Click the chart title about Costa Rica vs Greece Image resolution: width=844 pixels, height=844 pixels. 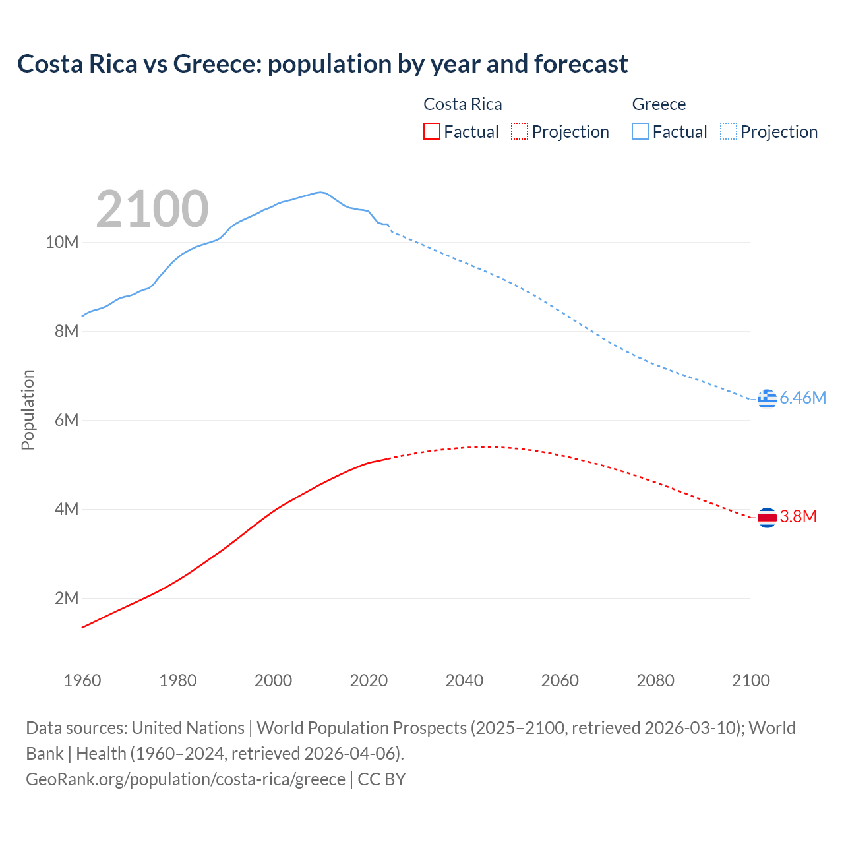[x=322, y=64]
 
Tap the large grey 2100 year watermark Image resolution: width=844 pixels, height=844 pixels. [x=152, y=209]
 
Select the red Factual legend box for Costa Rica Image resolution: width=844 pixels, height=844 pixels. [x=431, y=131]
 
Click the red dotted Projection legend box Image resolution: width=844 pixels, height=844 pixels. [x=520, y=131]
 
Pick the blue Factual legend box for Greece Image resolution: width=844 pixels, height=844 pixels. [x=640, y=131]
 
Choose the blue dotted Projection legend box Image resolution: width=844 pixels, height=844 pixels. [x=728, y=131]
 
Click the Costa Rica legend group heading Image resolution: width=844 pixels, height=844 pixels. [x=462, y=104]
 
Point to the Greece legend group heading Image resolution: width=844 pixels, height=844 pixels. [x=659, y=104]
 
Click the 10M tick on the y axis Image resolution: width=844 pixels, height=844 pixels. [x=62, y=243]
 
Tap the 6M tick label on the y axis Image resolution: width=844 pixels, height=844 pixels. [x=66, y=421]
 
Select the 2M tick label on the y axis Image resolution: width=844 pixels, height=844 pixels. [x=66, y=599]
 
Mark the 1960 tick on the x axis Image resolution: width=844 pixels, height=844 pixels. [x=82, y=680]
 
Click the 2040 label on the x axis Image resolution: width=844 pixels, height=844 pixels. [x=464, y=680]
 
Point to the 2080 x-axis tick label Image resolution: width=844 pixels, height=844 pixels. [x=655, y=680]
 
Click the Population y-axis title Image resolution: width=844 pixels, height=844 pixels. [x=28, y=409]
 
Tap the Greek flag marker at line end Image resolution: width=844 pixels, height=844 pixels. [x=767, y=398]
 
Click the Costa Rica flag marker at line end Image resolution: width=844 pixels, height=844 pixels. [x=767, y=518]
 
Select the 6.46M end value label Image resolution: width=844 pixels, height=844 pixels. [x=802, y=398]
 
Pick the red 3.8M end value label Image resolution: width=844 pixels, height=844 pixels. [x=798, y=516]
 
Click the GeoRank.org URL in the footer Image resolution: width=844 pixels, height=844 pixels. [x=185, y=779]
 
